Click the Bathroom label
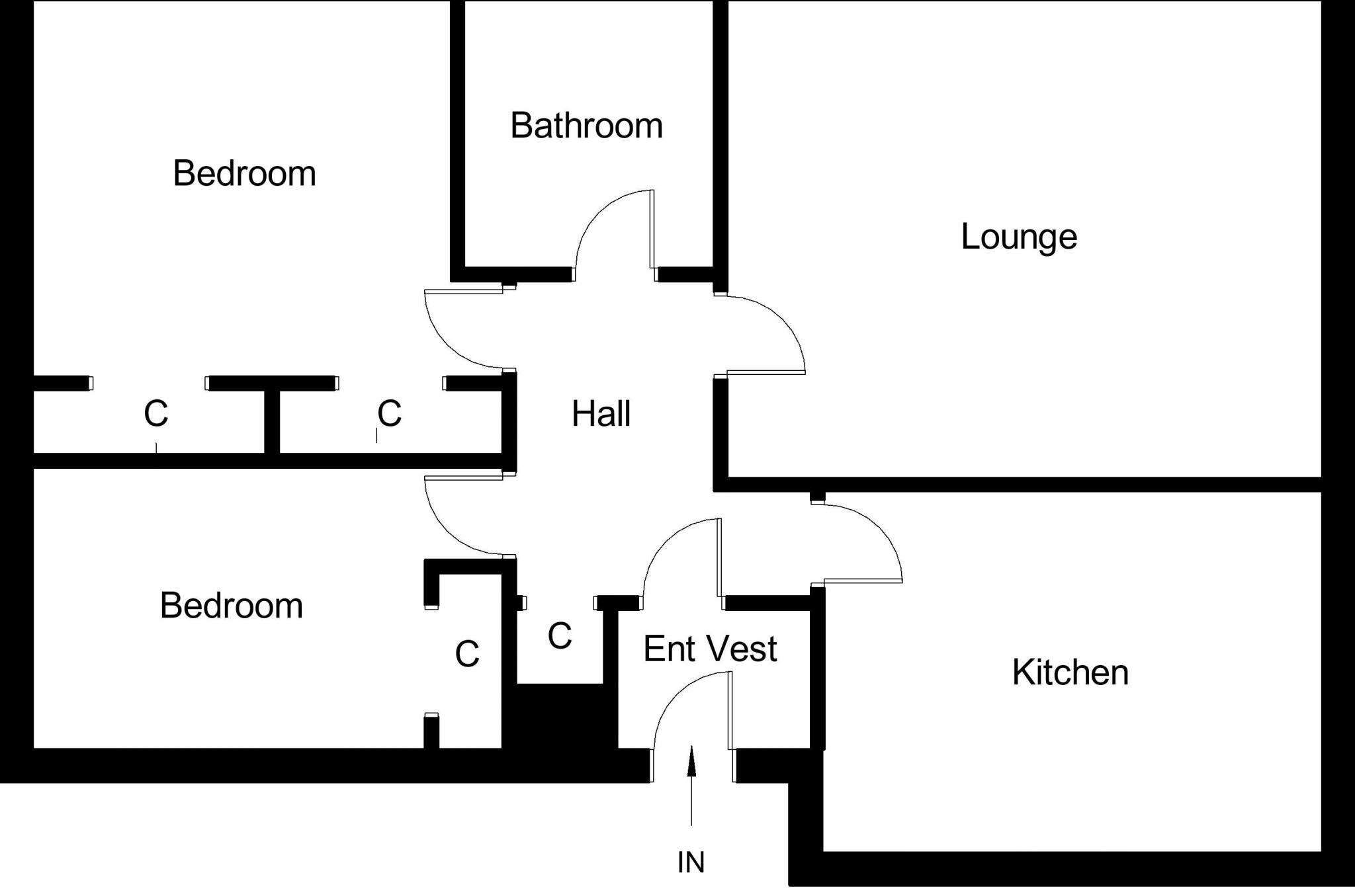[586, 125]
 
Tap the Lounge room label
[1019, 237]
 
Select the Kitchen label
[1070, 672]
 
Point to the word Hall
[601, 414]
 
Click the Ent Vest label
[710, 649]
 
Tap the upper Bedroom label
[244, 173]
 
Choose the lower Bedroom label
[232, 606]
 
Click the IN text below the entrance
[691, 862]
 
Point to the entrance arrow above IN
[691, 786]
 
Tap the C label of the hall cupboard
[560, 636]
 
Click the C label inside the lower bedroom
[467, 654]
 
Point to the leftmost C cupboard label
[155, 413]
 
